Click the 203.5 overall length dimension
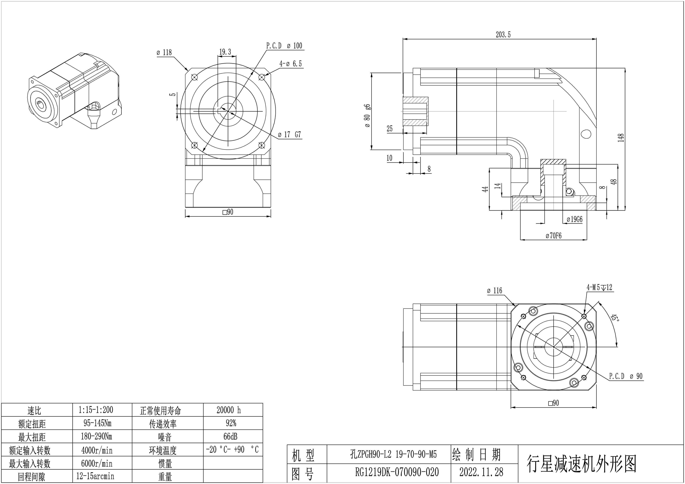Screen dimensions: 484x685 click(x=503, y=35)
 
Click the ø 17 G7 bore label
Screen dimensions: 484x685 click(x=289, y=135)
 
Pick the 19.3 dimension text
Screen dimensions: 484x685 click(x=225, y=52)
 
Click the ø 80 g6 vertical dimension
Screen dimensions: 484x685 click(x=367, y=116)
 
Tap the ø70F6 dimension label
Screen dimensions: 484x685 click(x=553, y=236)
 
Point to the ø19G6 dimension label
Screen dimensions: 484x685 click(x=574, y=220)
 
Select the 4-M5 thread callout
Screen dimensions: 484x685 click(x=599, y=287)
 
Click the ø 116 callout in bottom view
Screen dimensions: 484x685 click(x=494, y=291)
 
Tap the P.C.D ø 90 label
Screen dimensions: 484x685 click(x=626, y=376)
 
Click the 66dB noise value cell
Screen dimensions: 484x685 click(x=230, y=437)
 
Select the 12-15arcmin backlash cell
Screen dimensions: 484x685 click(x=95, y=476)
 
